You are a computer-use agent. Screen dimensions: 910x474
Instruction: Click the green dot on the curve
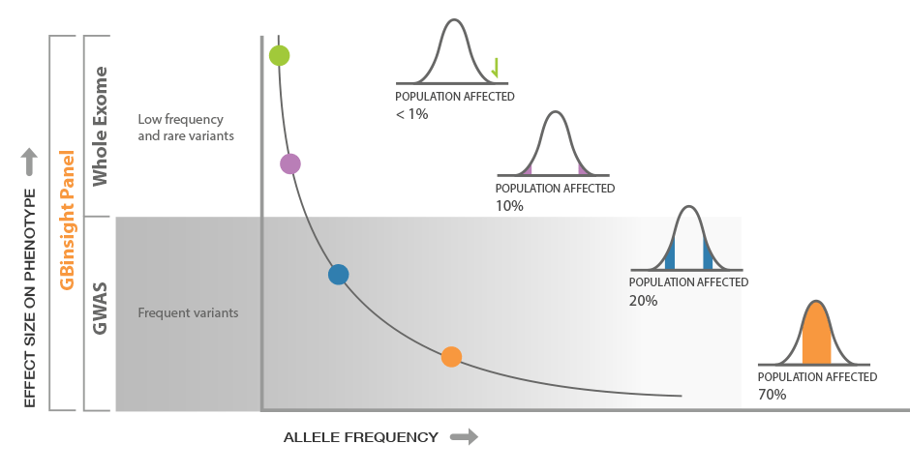279,56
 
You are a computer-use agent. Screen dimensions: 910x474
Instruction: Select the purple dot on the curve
290,164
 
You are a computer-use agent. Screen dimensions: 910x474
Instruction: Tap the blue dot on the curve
339,275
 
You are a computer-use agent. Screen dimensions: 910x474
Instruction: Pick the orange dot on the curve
451,357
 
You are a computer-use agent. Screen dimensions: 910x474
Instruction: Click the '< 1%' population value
412,114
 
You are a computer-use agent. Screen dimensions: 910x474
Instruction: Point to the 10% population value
509,206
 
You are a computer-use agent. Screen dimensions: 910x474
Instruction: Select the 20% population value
644,301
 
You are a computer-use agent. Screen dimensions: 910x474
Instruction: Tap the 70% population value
773,395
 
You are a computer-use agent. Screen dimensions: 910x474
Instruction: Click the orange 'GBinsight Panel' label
68,220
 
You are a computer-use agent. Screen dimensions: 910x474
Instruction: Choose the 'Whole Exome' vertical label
100,127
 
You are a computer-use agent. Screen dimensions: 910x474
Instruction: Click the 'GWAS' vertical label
100,309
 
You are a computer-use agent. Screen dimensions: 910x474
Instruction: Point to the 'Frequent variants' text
188,312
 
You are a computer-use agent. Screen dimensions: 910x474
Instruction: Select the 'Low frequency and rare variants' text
186,128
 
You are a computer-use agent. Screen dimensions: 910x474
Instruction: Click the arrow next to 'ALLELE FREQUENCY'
465,437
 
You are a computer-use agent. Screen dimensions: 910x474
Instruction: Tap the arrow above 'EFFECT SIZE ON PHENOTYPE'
30,162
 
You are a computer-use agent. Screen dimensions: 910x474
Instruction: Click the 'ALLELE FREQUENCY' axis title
361,437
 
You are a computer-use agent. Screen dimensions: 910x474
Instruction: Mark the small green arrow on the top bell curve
495,68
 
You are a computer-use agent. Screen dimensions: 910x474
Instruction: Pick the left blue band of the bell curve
670,255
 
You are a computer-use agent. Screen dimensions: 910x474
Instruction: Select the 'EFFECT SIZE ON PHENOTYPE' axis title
30,298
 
